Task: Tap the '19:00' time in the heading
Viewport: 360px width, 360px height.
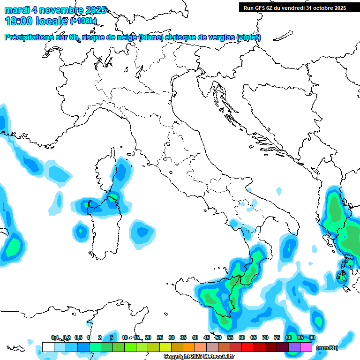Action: (x=18, y=21)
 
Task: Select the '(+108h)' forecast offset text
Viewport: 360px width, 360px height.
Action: (x=84, y=21)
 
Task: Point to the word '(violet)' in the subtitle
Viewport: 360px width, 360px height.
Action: (x=248, y=37)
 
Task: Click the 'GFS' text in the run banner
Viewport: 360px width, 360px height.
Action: (x=260, y=8)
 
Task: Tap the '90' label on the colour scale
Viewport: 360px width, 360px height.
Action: (x=312, y=337)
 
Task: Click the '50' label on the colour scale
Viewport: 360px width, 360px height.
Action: (x=218, y=337)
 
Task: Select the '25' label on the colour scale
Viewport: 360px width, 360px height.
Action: (x=160, y=337)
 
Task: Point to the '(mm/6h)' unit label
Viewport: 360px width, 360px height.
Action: (x=327, y=348)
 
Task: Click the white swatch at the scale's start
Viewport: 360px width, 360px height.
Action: (x=48, y=347)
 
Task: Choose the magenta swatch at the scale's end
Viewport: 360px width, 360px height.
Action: (x=306, y=347)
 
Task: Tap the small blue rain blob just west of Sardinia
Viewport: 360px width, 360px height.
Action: (x=81, y=231)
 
